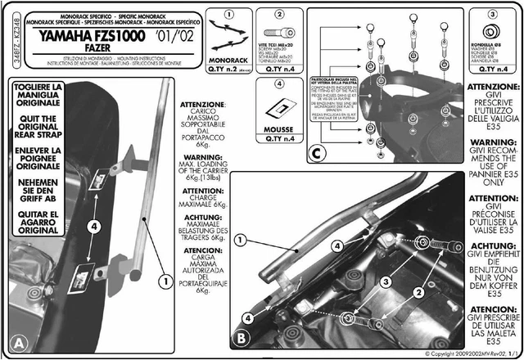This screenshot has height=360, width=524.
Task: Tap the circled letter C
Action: (x=318, y=151)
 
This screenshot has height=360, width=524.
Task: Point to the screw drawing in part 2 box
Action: (x=279, y=36)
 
